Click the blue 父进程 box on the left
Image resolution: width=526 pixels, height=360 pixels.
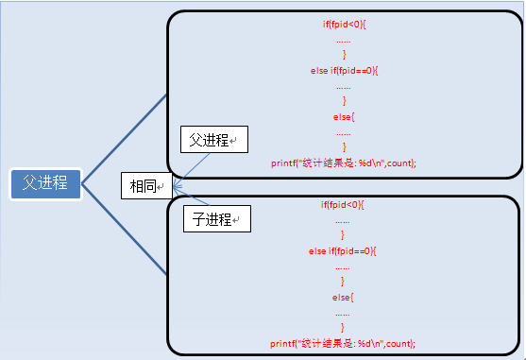point(45,184)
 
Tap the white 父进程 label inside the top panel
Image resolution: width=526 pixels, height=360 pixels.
point(212,140)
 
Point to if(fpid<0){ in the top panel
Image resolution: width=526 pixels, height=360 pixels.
point(344,23)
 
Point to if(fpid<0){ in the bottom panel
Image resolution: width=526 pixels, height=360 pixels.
point(344,203)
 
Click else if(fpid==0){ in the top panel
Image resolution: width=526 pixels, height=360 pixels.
point(344,70)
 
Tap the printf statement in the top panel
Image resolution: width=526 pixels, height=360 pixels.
point(344,163)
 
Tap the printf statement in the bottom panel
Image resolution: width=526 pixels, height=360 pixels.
point(344,343)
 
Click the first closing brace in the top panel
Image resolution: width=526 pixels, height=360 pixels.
point(344,54)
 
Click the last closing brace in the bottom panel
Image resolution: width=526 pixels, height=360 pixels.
point(344,327)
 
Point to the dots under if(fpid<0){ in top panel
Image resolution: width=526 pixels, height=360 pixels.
point(344,39)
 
